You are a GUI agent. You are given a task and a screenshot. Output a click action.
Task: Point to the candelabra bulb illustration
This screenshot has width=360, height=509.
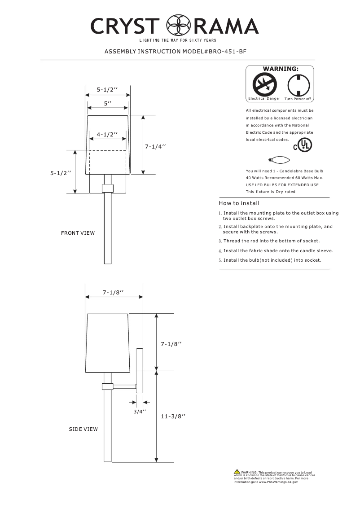278,160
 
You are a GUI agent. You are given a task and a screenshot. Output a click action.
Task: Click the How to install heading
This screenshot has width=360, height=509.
239,203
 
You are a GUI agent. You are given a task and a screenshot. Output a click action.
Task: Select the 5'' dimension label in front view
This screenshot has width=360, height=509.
108,104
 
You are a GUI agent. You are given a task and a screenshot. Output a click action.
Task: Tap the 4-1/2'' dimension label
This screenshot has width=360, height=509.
107,134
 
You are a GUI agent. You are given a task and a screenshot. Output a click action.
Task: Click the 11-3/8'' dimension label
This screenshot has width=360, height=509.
173,417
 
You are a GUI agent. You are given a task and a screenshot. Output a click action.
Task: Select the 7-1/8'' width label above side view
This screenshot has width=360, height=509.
113,292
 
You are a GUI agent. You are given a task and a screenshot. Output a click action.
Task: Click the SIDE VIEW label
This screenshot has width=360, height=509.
83,429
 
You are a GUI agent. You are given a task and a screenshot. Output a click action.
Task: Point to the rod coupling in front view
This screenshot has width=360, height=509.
108,188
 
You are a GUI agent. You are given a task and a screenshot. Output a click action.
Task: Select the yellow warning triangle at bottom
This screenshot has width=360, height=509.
237,471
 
